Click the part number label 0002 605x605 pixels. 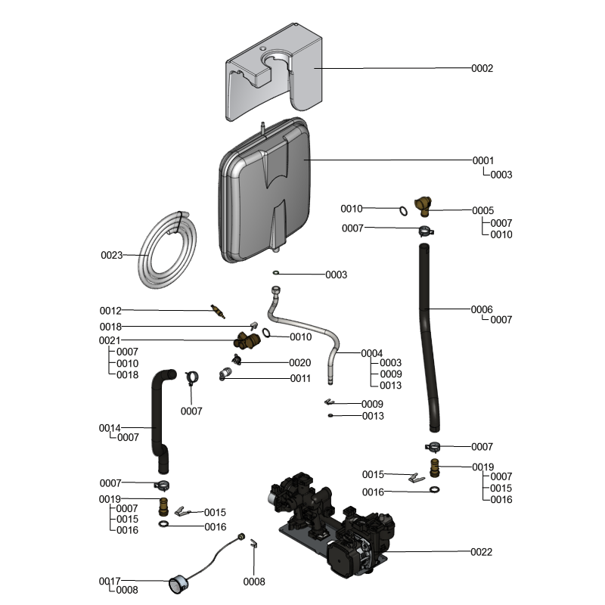(482, 68)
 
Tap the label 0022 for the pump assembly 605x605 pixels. (481, 552)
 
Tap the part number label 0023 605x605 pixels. (111, 256)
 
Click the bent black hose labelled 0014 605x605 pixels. (160, 416)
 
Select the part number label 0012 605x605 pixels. (110, 311)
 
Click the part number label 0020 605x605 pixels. (299, 363)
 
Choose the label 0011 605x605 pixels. (299, 378)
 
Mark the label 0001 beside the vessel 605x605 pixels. (482, 160)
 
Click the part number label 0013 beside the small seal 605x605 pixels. (373, 416)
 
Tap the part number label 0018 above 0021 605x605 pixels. (110, 327)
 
